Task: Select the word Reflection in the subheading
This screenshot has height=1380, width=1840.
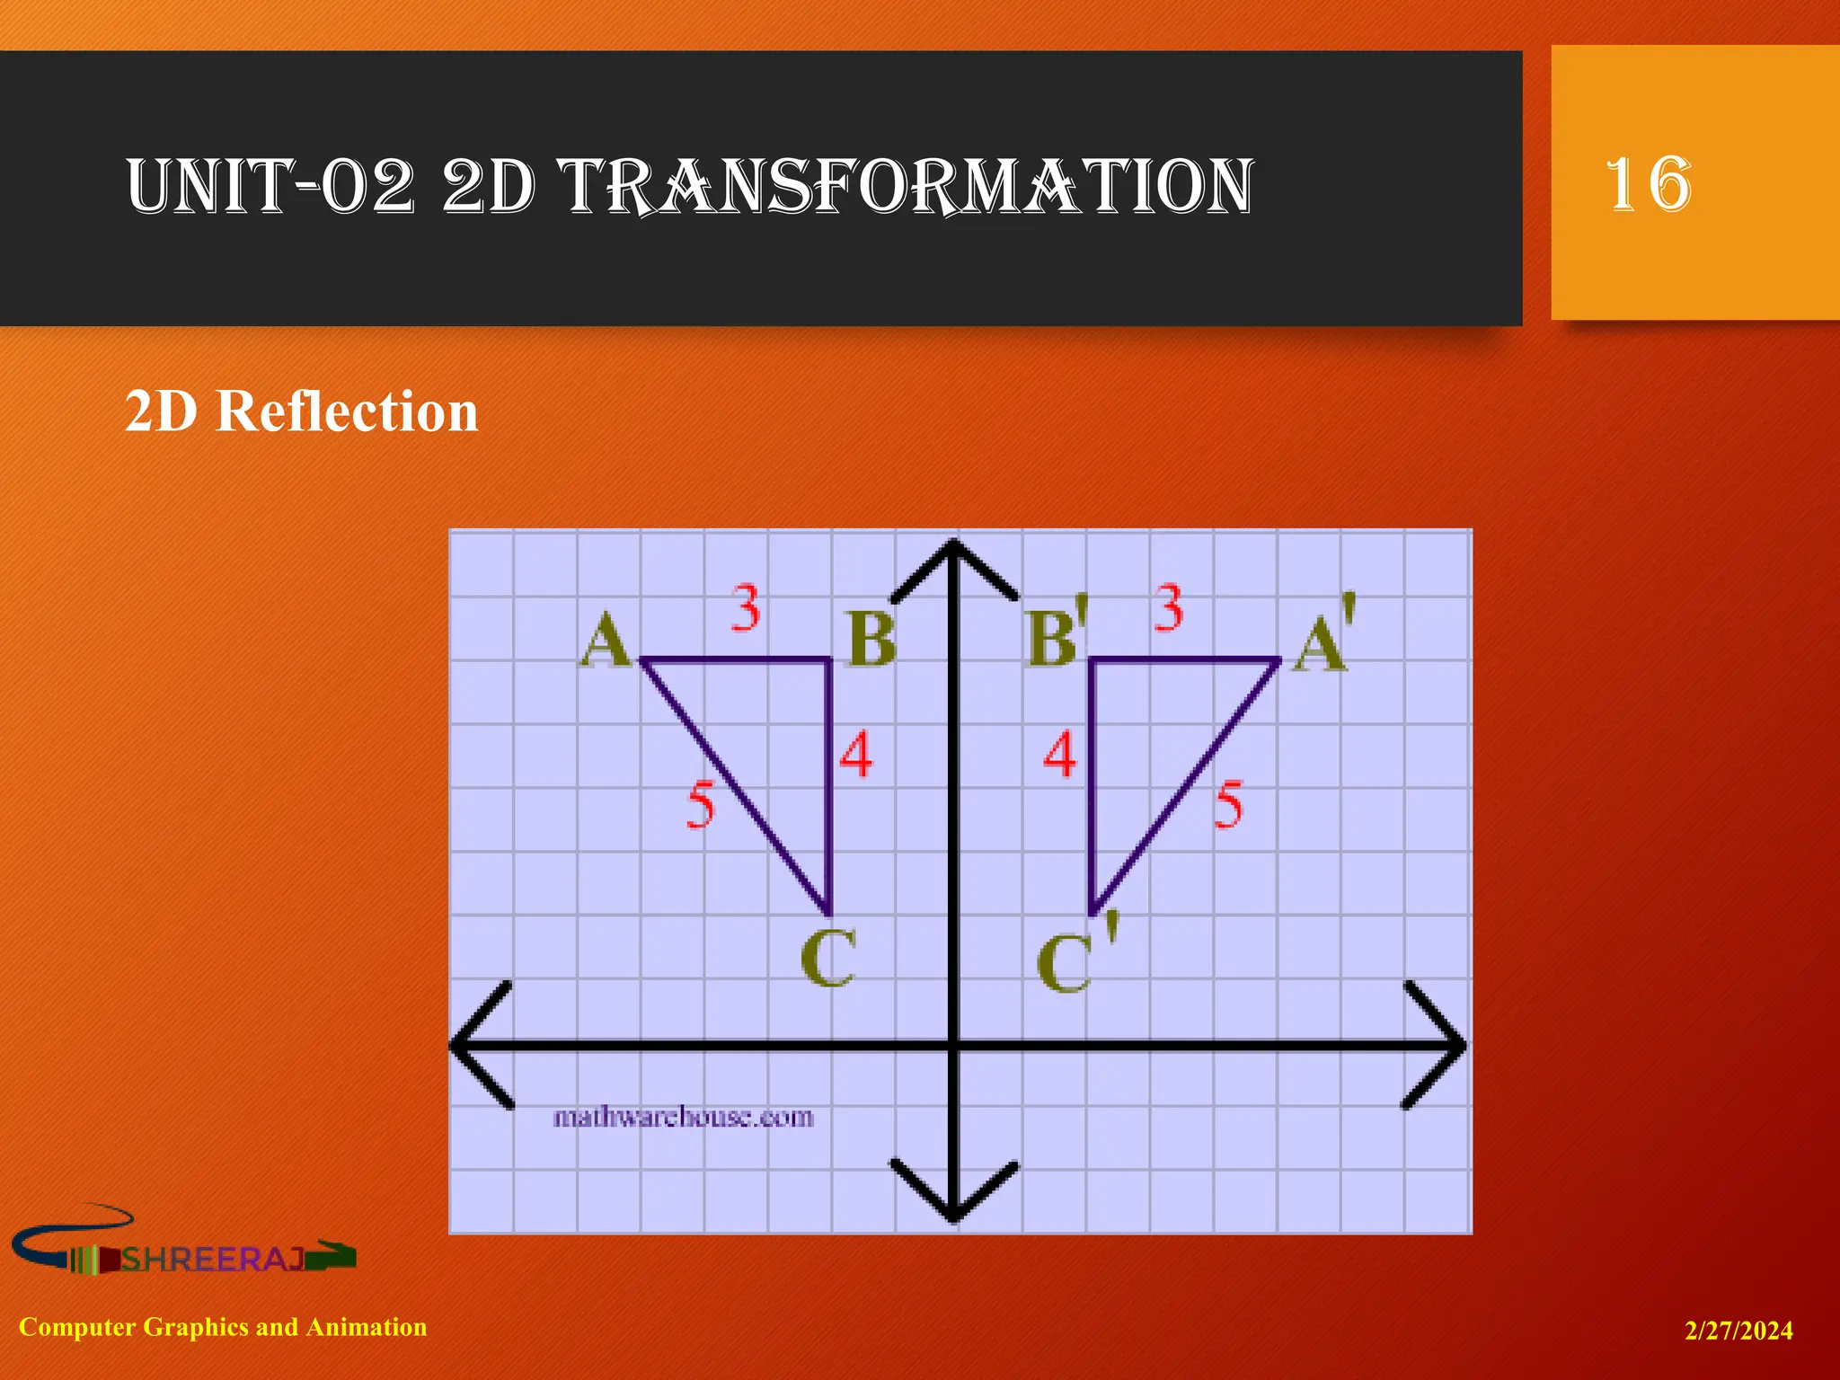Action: (x=347, y=411)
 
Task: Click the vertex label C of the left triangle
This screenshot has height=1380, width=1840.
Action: (x=827, y=958)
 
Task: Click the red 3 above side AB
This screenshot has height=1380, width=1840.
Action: (x=746, y=608)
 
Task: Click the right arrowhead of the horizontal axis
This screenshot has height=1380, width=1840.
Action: (x=1437, y=1045)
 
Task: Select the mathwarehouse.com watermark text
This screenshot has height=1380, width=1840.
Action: (x=683, y=1117)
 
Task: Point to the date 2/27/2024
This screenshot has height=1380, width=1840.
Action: (x=1738, y=1331)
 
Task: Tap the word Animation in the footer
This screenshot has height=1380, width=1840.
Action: (x=367, y=1327)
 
